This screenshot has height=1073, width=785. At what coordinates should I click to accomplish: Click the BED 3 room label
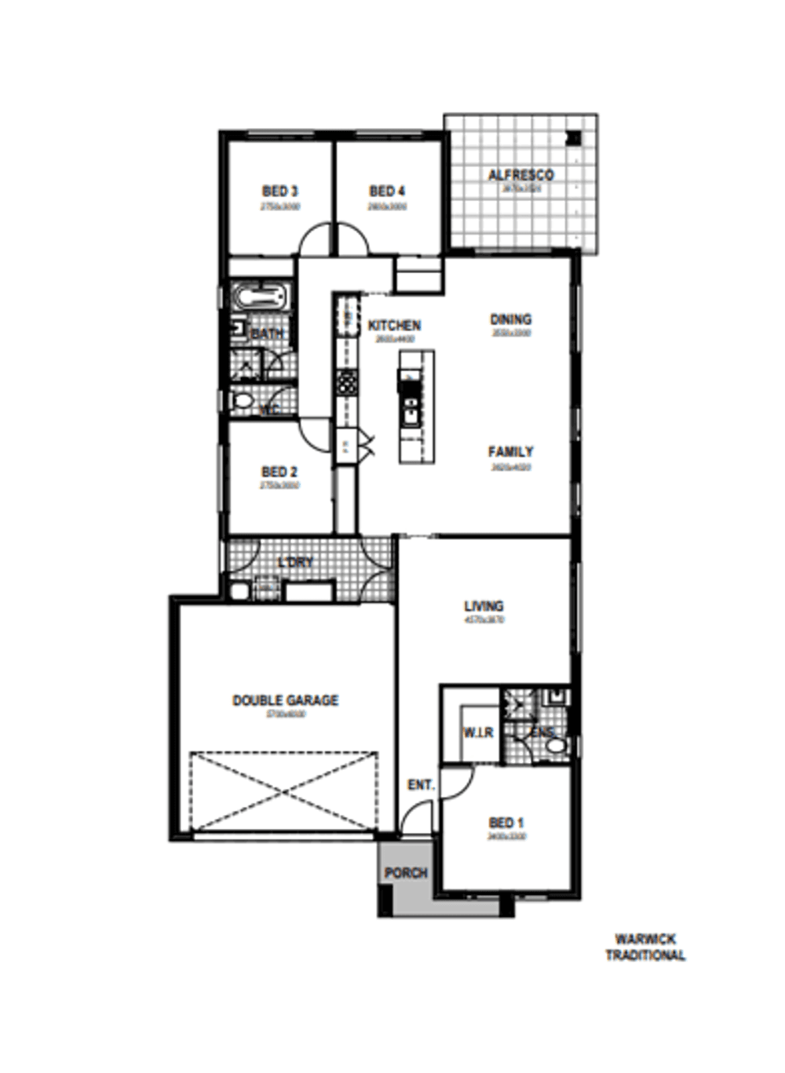point(279,192)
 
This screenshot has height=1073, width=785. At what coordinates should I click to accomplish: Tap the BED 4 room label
point(387,192)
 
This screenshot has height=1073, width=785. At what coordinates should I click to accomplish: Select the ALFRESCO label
point(520,175)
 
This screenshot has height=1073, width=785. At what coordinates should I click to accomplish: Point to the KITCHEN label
point(394,325)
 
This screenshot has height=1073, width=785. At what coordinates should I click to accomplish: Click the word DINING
point(510,319)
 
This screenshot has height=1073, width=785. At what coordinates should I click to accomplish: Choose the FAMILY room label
point(510,452)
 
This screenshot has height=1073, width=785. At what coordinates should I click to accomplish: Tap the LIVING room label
point(484,606)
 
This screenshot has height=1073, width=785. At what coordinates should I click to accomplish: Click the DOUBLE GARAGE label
point(285,700)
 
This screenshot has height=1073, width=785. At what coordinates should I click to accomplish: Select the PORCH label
point(406,873)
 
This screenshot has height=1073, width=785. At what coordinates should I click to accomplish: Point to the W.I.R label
point(477,732)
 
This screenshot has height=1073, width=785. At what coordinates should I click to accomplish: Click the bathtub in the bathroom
point(260,297)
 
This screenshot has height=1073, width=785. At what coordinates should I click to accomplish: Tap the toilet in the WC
point(243,402)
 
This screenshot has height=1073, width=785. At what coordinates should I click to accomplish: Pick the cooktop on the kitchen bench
point(346,383)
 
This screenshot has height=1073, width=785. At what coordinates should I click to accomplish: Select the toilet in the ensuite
point(556,744)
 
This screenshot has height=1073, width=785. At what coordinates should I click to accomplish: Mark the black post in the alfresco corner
point(574,138)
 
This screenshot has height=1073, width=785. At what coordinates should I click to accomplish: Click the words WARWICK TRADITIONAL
point(645,947)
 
